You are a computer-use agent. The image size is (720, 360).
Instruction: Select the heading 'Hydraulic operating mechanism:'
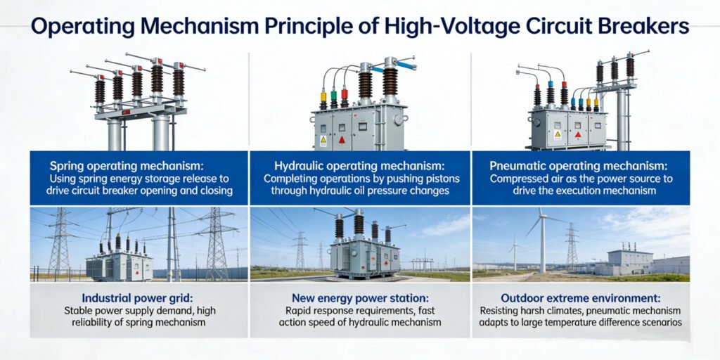coord(359,167)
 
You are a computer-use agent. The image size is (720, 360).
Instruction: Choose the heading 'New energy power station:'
coord(359,297)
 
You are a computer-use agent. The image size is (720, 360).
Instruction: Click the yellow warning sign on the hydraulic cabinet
coord(323,140)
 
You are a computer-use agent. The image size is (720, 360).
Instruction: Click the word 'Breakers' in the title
coord(649,28)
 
